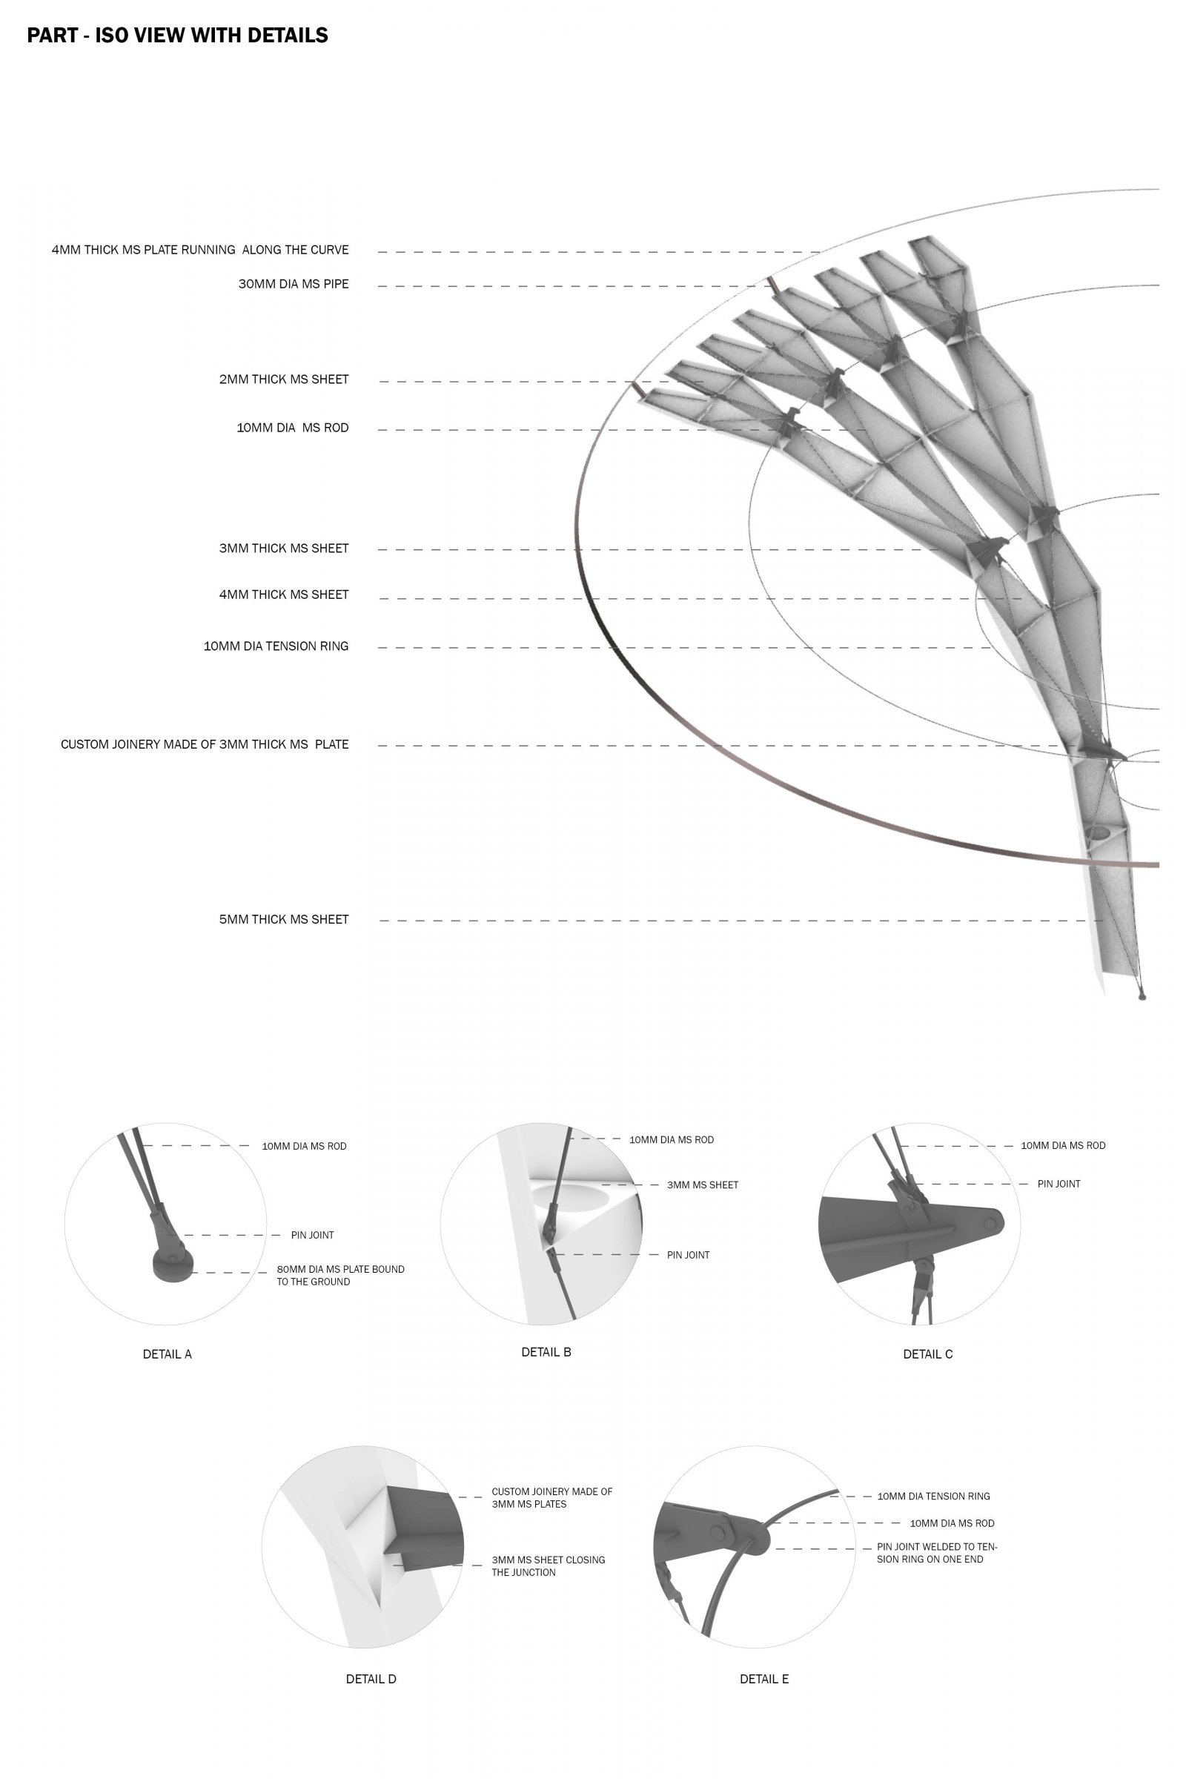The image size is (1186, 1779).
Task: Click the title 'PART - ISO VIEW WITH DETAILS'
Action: pyautogui.click(x=178, y=36)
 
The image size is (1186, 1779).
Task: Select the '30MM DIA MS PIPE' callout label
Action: pyautogui.click(x=294, y=285)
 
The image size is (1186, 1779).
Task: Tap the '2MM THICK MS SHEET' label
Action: pyautogui.click(x=284, y=380)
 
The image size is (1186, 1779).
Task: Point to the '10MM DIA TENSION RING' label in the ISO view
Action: pyautogui.click(x=276, y=646)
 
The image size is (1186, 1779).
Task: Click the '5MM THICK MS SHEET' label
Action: pyautogui.click(x=284, y=920)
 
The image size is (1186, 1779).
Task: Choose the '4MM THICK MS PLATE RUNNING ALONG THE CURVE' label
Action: pyautogui.click(x=200, y=250)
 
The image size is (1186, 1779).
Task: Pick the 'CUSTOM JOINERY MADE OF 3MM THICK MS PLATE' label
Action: pyautogui.click(x=205, y=744)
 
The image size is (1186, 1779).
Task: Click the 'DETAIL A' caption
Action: pyautogui.click(x=168, y=1354)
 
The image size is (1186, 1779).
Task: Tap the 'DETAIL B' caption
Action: pyautogui.click(x=546, y=1351)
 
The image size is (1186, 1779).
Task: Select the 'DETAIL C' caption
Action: pyautogui.click(x=928, y=1354)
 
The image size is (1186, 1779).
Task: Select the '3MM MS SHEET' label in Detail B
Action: pyautogui.click(x=703, y=1185)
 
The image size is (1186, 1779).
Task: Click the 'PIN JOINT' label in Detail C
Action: pyautogui.click(x=1059, y=1184)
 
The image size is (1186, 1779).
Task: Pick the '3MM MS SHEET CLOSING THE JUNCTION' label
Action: pyautogui.click(x=549, y=1566)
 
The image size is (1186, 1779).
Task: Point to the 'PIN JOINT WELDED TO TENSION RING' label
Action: pyautogui.click(x=937, y=1553)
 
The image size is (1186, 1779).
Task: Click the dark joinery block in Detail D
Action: pyautogui.click(x=423, y=1526)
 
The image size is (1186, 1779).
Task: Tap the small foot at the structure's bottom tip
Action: pyautogui.click(x=1142, y=997)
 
